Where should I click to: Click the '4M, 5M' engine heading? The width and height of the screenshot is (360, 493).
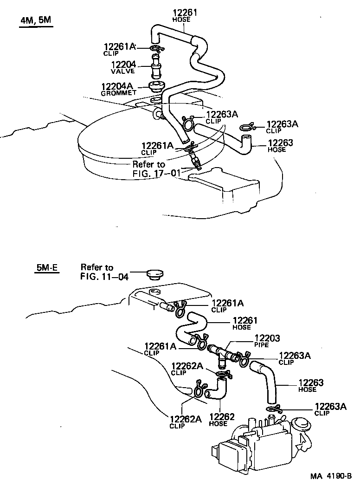36,21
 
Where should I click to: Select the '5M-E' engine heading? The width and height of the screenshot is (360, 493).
46,268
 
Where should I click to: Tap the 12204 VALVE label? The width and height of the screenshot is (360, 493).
122,67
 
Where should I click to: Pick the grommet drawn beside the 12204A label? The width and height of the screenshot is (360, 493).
156,87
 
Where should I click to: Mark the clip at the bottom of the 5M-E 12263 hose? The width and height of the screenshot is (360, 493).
274,409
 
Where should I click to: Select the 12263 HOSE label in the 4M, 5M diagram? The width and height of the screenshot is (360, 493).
280,146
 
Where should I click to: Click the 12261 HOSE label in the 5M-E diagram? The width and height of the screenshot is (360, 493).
244,323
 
